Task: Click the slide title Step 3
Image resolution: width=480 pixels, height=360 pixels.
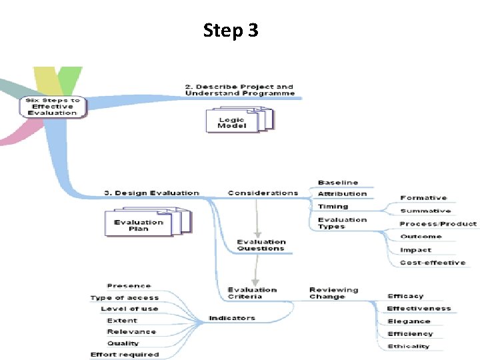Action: click(x=230, y=30)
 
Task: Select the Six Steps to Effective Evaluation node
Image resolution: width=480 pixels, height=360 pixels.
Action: click(x=53, y=107)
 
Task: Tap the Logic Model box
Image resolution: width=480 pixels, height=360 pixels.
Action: click(x=232, y=122)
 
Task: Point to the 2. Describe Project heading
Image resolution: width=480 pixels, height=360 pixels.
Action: click(x=239, y=90)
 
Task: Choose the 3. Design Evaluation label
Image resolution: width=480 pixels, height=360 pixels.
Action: click(x=151, y=193)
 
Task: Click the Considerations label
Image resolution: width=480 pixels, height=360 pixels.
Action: click(x=263, y=193)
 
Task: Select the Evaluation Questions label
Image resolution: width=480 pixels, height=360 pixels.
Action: click(x=261, y=245)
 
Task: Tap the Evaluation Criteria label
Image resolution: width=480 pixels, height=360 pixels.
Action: click(x=252, y=293)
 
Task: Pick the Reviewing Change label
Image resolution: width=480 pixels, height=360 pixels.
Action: click(x=333, y=293)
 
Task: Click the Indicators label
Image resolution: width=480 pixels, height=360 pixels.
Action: click(x=232, y=318)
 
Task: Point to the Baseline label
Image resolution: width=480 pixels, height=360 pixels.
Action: click(x=338, y=182)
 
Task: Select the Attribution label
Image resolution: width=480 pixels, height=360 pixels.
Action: click(x=342, y=193)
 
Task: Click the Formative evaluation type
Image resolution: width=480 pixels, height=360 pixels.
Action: click(x=423, y=198)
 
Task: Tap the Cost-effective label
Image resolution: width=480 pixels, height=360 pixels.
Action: click(x=432, y=263)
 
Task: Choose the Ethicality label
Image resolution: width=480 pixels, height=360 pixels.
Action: click(x=409, y=346)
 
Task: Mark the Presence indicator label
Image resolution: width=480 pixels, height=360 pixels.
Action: click(x=129, y=286)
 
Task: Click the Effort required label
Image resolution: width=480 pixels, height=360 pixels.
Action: click(x=125, y=354)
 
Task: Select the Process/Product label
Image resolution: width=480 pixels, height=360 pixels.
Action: click(x=438, y=224)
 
